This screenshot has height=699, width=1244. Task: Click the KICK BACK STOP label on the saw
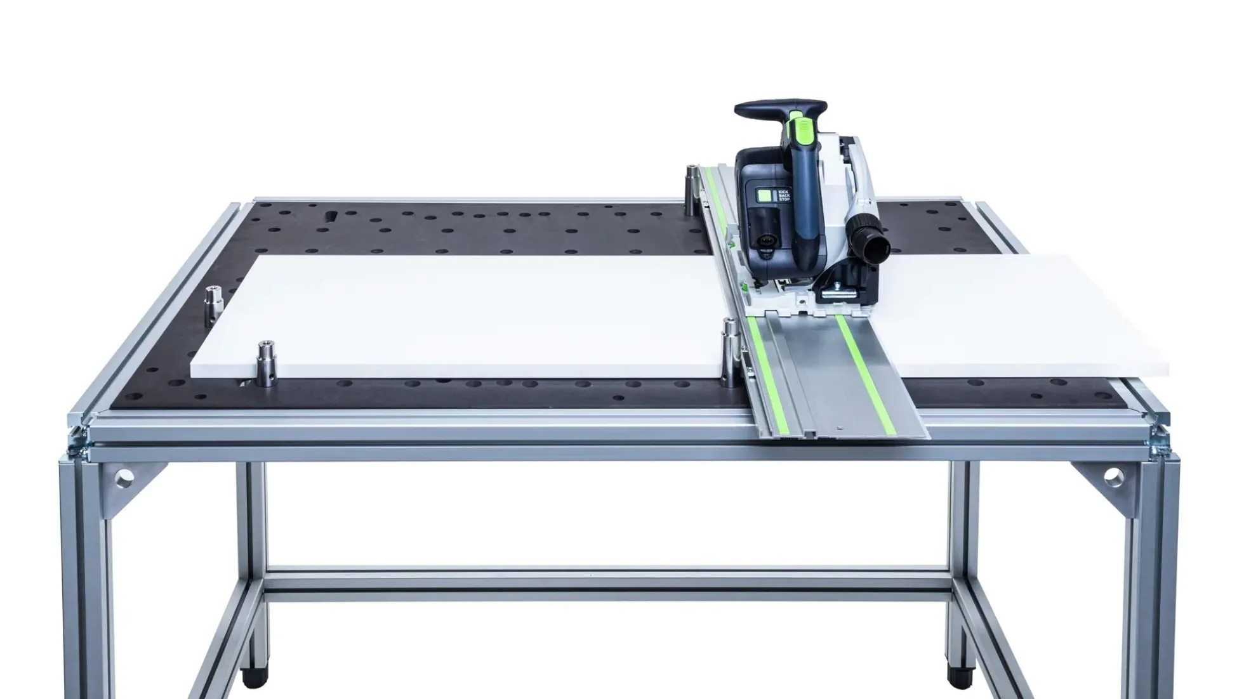[x=784, y=195]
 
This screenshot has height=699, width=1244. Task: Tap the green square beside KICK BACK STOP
[x=767, y=196]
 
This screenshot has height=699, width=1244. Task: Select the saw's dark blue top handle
[x=781, y=108]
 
